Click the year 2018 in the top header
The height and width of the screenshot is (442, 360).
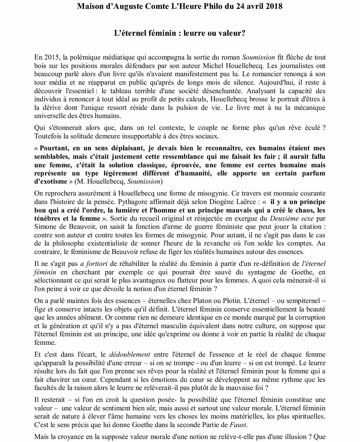click(x=273, y=6)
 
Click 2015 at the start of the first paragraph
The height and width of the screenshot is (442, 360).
click(x=50, y=57)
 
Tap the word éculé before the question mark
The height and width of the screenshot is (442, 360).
click(x=310, y=128)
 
